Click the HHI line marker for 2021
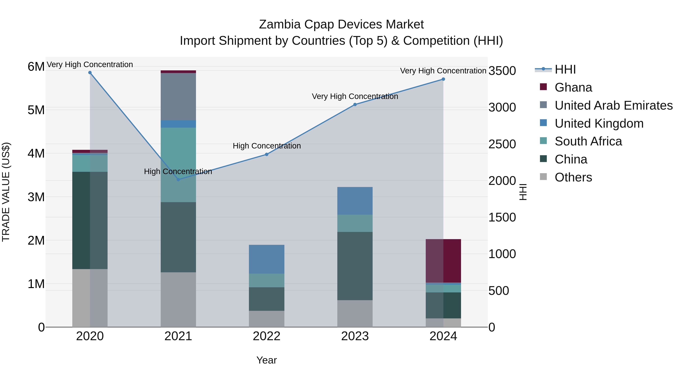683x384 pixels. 178,179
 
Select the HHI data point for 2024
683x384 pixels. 443,79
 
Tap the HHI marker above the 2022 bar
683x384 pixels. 267,154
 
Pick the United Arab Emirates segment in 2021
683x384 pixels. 178,97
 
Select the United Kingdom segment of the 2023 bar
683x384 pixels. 355,201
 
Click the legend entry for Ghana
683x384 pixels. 573,87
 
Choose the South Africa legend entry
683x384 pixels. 588,141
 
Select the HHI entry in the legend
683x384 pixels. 565,69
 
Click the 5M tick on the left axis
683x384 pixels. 36,110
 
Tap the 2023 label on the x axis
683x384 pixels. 355,336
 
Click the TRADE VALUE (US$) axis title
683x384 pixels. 6,192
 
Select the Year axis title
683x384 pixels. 267,360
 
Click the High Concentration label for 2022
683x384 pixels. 267,146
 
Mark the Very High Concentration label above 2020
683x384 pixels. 90,64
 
